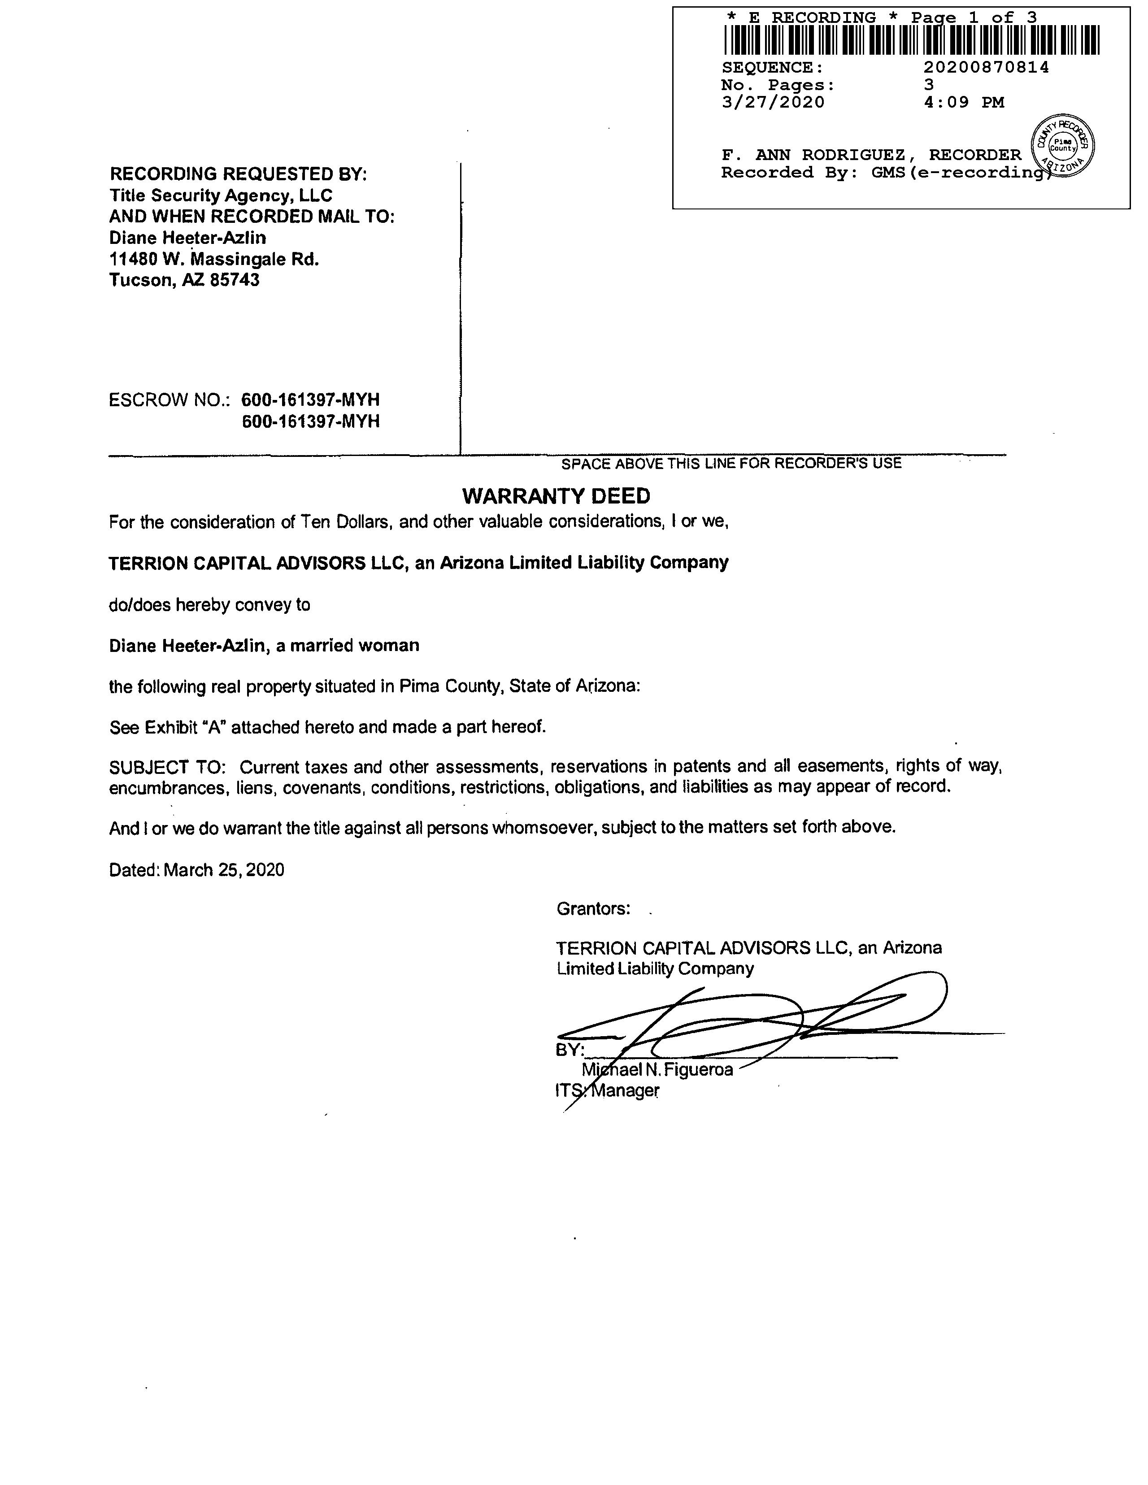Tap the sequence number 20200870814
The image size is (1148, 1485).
[x=986, y=67]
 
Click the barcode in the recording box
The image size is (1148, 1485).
[x=911, y=40]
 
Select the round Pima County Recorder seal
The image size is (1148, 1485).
[x=1063, y=146]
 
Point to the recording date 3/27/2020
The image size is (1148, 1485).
[x=773, y=103]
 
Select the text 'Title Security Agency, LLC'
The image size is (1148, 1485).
[x=221, y=196]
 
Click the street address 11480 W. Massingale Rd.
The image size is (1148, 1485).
[x=214, y=259]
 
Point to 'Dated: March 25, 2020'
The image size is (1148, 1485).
[x=196, y=870]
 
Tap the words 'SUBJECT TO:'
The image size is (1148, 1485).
[x=167, y=767]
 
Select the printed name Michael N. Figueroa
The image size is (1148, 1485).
[x=658, y=1069]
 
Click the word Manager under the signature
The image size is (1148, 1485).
[x=625, y=1090]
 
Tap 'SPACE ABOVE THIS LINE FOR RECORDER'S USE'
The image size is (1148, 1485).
[x=731, y=464]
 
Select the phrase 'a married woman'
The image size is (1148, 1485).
[x=348, y=645]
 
